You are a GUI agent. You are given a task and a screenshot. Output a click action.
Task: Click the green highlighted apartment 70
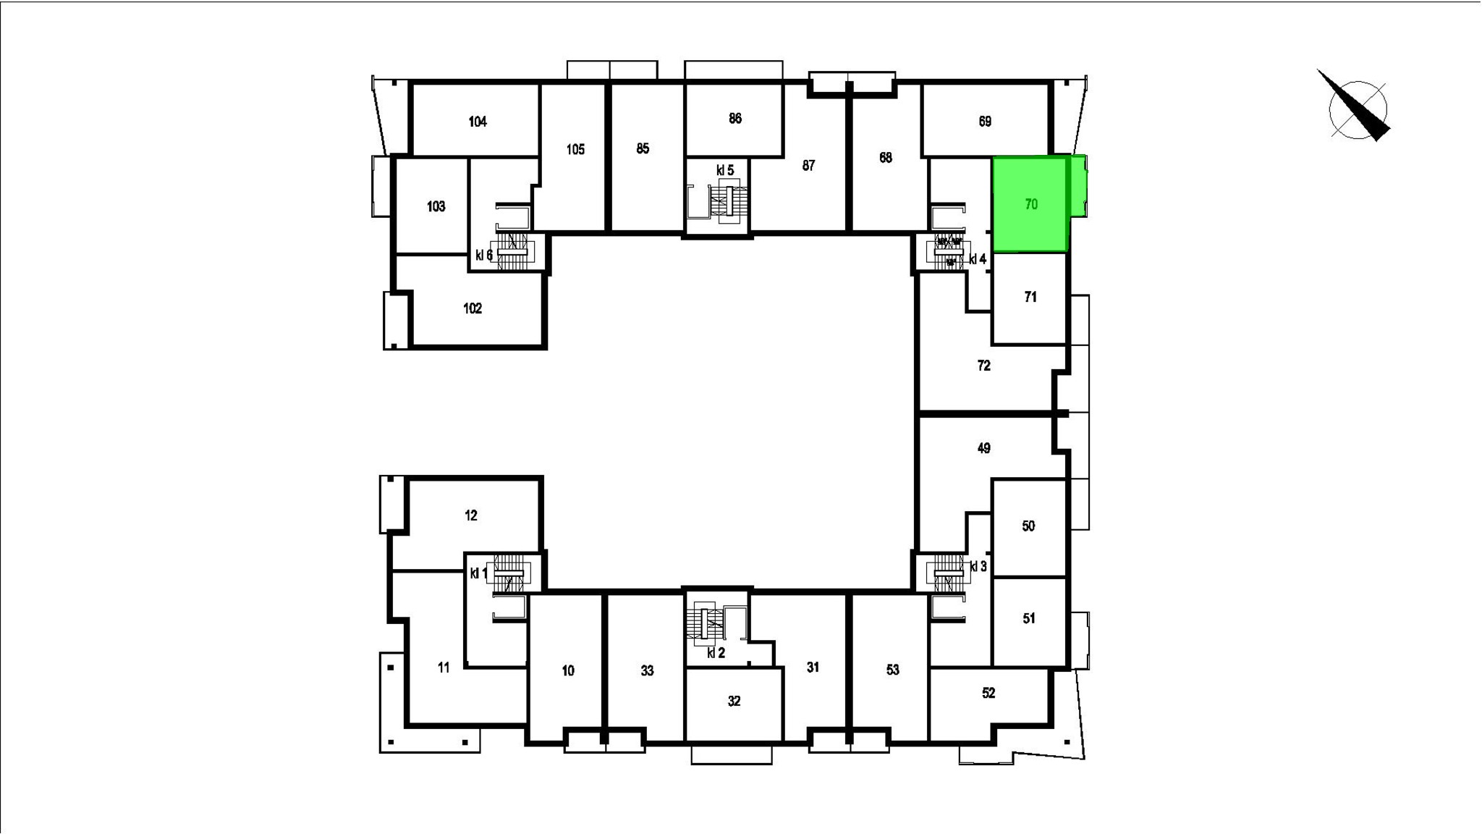click(x=1030, y=204)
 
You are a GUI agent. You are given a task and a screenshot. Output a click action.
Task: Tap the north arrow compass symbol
click(x=1355, y=108)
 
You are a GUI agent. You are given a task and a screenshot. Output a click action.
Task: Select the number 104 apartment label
click(x=478, y=122)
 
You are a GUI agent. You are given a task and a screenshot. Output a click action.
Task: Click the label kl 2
click(x=716, y=653)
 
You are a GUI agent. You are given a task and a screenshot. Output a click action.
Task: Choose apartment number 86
click(x=735, y=118)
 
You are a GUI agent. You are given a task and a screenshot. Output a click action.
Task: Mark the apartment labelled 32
click(x=734, y=701)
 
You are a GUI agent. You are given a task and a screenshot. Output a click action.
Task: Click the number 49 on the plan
click(x=983, y=448)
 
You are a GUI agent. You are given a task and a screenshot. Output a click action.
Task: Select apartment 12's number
click(x=471, y=515)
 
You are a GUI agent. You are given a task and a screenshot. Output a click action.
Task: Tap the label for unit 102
click(x=473, y=308)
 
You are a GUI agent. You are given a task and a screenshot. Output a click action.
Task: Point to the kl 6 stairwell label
click(x=484, y=255)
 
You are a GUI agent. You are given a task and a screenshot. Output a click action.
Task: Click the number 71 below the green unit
click(x=1030, y=297)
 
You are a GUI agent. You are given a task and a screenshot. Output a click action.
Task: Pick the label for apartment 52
click(x=988, y=693)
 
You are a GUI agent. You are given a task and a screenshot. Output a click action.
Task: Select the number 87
click(x=808, y=166)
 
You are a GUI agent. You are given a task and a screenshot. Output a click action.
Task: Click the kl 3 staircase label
click(x=978, y=567)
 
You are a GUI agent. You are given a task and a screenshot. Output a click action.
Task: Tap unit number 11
click(x=444, y=667)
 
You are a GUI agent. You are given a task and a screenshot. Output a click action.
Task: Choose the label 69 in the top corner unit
click(x=985, y=122)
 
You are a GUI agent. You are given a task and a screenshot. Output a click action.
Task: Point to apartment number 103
click(x=436, y=206)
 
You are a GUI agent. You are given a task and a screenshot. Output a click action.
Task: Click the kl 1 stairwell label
click(x=478, y=573)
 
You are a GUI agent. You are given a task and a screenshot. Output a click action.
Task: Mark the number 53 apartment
click(x=892, y=670)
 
